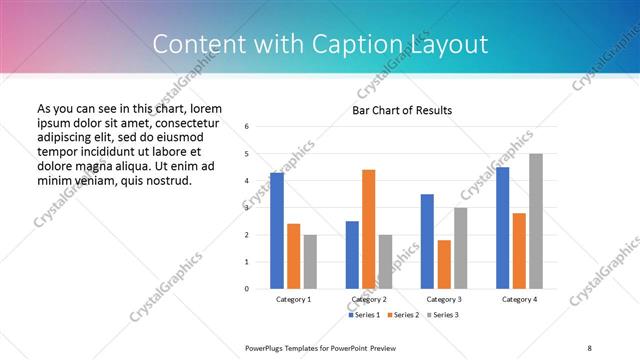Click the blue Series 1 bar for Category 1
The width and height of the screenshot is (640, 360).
[x=276, y=231]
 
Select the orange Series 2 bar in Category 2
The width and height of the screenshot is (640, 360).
[x=368, y=229]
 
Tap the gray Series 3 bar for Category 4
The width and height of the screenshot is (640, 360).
[x=536, y=221]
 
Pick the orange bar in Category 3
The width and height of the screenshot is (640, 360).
[x=444, y=264]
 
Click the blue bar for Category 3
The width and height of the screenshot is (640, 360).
[x=427, y=241]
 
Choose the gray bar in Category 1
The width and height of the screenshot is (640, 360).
[x=310, y=262]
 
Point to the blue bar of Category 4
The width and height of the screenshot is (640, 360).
[x=502, y=228]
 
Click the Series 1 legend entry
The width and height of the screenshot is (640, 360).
[x=364, y=315]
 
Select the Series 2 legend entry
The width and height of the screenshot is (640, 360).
[x=402, y=315]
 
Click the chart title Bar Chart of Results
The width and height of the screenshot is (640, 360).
[x=402, y=110]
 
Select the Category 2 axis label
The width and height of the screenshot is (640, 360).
[x=368, y=299]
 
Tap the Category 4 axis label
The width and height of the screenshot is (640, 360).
[x=519, y=299]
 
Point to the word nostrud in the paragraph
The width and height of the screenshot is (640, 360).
[x=164, y=181]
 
